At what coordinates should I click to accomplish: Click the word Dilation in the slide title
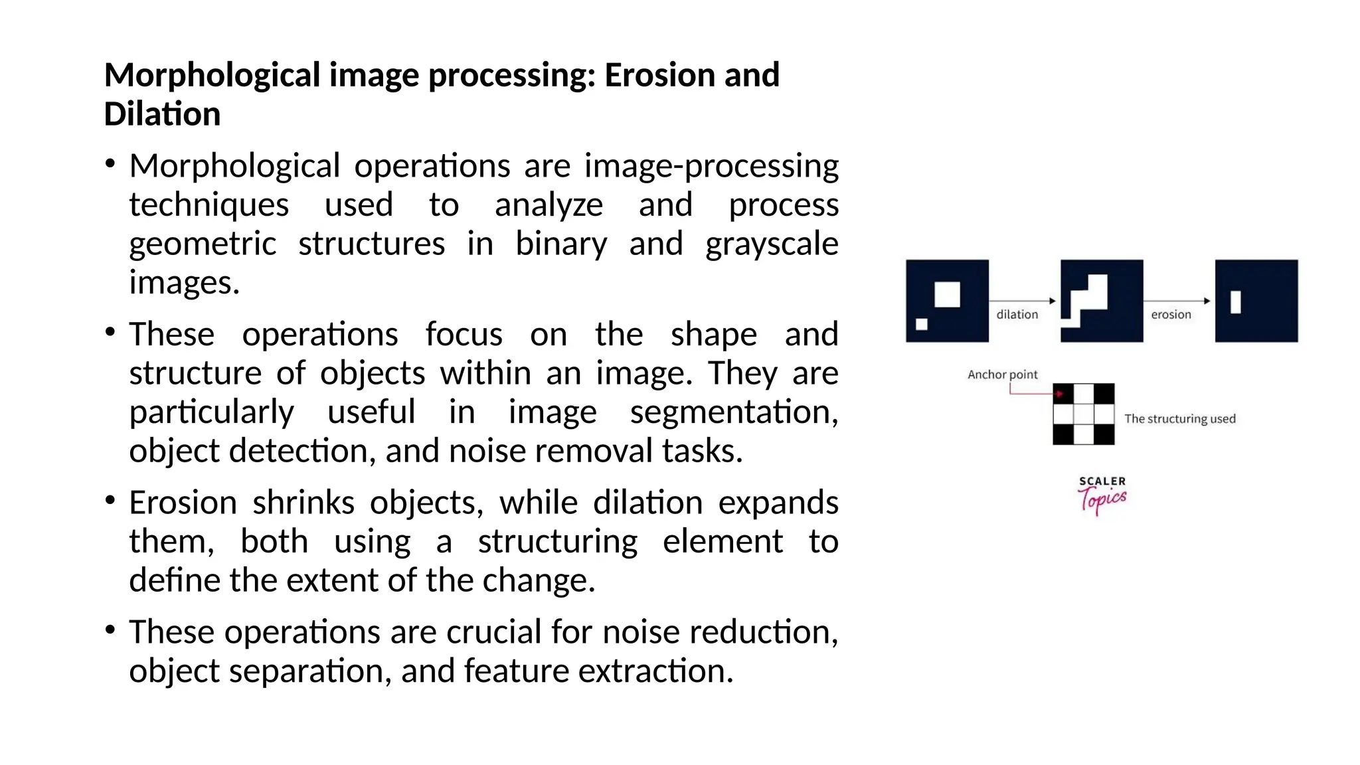pyautogui.click(x=162, y=114)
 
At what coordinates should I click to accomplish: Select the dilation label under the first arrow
pyautogui.click(x=1017, y=315)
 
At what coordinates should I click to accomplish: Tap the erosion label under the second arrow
pyautogui.click(x=1171, y=315)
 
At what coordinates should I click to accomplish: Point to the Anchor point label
pyautogui.click(x=1002, y=375)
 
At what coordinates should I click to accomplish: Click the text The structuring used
pyautogui.click(x=1179, y=419)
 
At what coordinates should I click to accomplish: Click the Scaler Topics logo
pyautogui.click(x=1102, y=495)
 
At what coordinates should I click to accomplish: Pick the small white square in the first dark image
pyautogui.click(x=922, y=324)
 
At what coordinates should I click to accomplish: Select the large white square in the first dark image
pyautogui.click(x=947, y=294)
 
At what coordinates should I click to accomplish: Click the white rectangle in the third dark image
pyautogui.click(x=1235, y=302)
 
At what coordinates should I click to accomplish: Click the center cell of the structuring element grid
pyautogui.click(x=1084, y=414)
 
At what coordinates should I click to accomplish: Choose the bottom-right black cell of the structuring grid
pyautogui.click(x=1104, y=434)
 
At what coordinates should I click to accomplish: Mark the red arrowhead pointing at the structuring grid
pyautogui.click(x=1061, y=394)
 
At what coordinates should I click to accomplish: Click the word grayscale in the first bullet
pyautogui.click(x=772, y=244)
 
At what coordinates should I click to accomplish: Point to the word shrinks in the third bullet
pyautogui.click(x=303, y=503)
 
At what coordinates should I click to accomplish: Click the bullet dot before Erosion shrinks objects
pyautogui.click(x=110, y=499)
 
